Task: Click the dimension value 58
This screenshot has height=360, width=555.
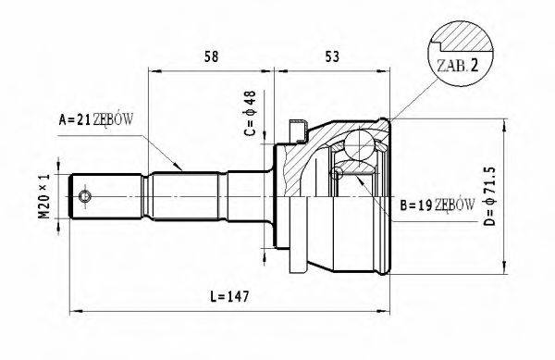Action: point(211,56)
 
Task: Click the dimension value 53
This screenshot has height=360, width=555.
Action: point(332,56)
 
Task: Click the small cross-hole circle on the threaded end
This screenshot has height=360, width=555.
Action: point(85,198)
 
